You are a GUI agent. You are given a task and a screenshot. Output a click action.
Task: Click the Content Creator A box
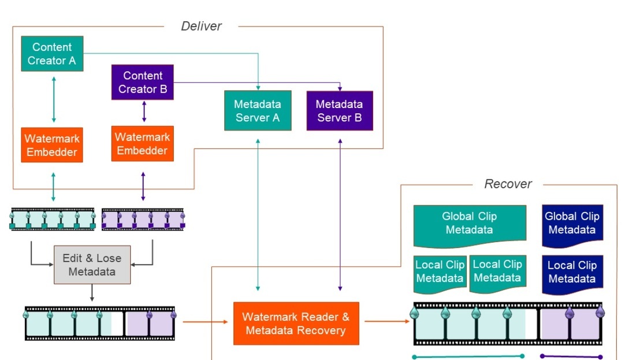coord(52,54)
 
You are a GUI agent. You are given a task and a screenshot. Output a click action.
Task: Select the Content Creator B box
coord(143,82)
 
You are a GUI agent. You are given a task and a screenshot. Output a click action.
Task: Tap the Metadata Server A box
coord(258,111)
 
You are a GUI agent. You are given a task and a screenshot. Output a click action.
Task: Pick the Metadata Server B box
coord(340,111)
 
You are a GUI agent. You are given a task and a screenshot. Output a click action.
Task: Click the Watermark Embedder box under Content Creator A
coord(52,145)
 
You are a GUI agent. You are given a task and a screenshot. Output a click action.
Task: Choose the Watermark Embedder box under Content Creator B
coord(142,144)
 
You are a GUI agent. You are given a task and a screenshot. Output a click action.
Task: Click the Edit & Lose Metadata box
coord(92,265)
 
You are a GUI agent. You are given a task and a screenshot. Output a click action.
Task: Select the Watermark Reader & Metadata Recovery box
coord(296,324)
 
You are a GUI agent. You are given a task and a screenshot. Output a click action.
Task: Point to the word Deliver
coord(201,26)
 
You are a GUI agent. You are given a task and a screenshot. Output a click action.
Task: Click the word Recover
coord(508,184)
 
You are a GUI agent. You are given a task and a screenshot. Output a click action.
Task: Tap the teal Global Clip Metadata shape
coord(470,223)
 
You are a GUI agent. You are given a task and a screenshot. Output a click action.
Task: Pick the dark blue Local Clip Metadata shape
coord(572,272)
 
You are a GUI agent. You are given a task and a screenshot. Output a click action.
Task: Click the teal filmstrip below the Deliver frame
coord(53,220)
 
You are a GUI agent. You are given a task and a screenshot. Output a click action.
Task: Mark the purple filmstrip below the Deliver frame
coord(143,220)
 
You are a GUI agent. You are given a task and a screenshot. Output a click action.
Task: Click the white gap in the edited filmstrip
coord(118,324)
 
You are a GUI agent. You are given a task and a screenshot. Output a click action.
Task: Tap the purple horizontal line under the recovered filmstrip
coord(571,357)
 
